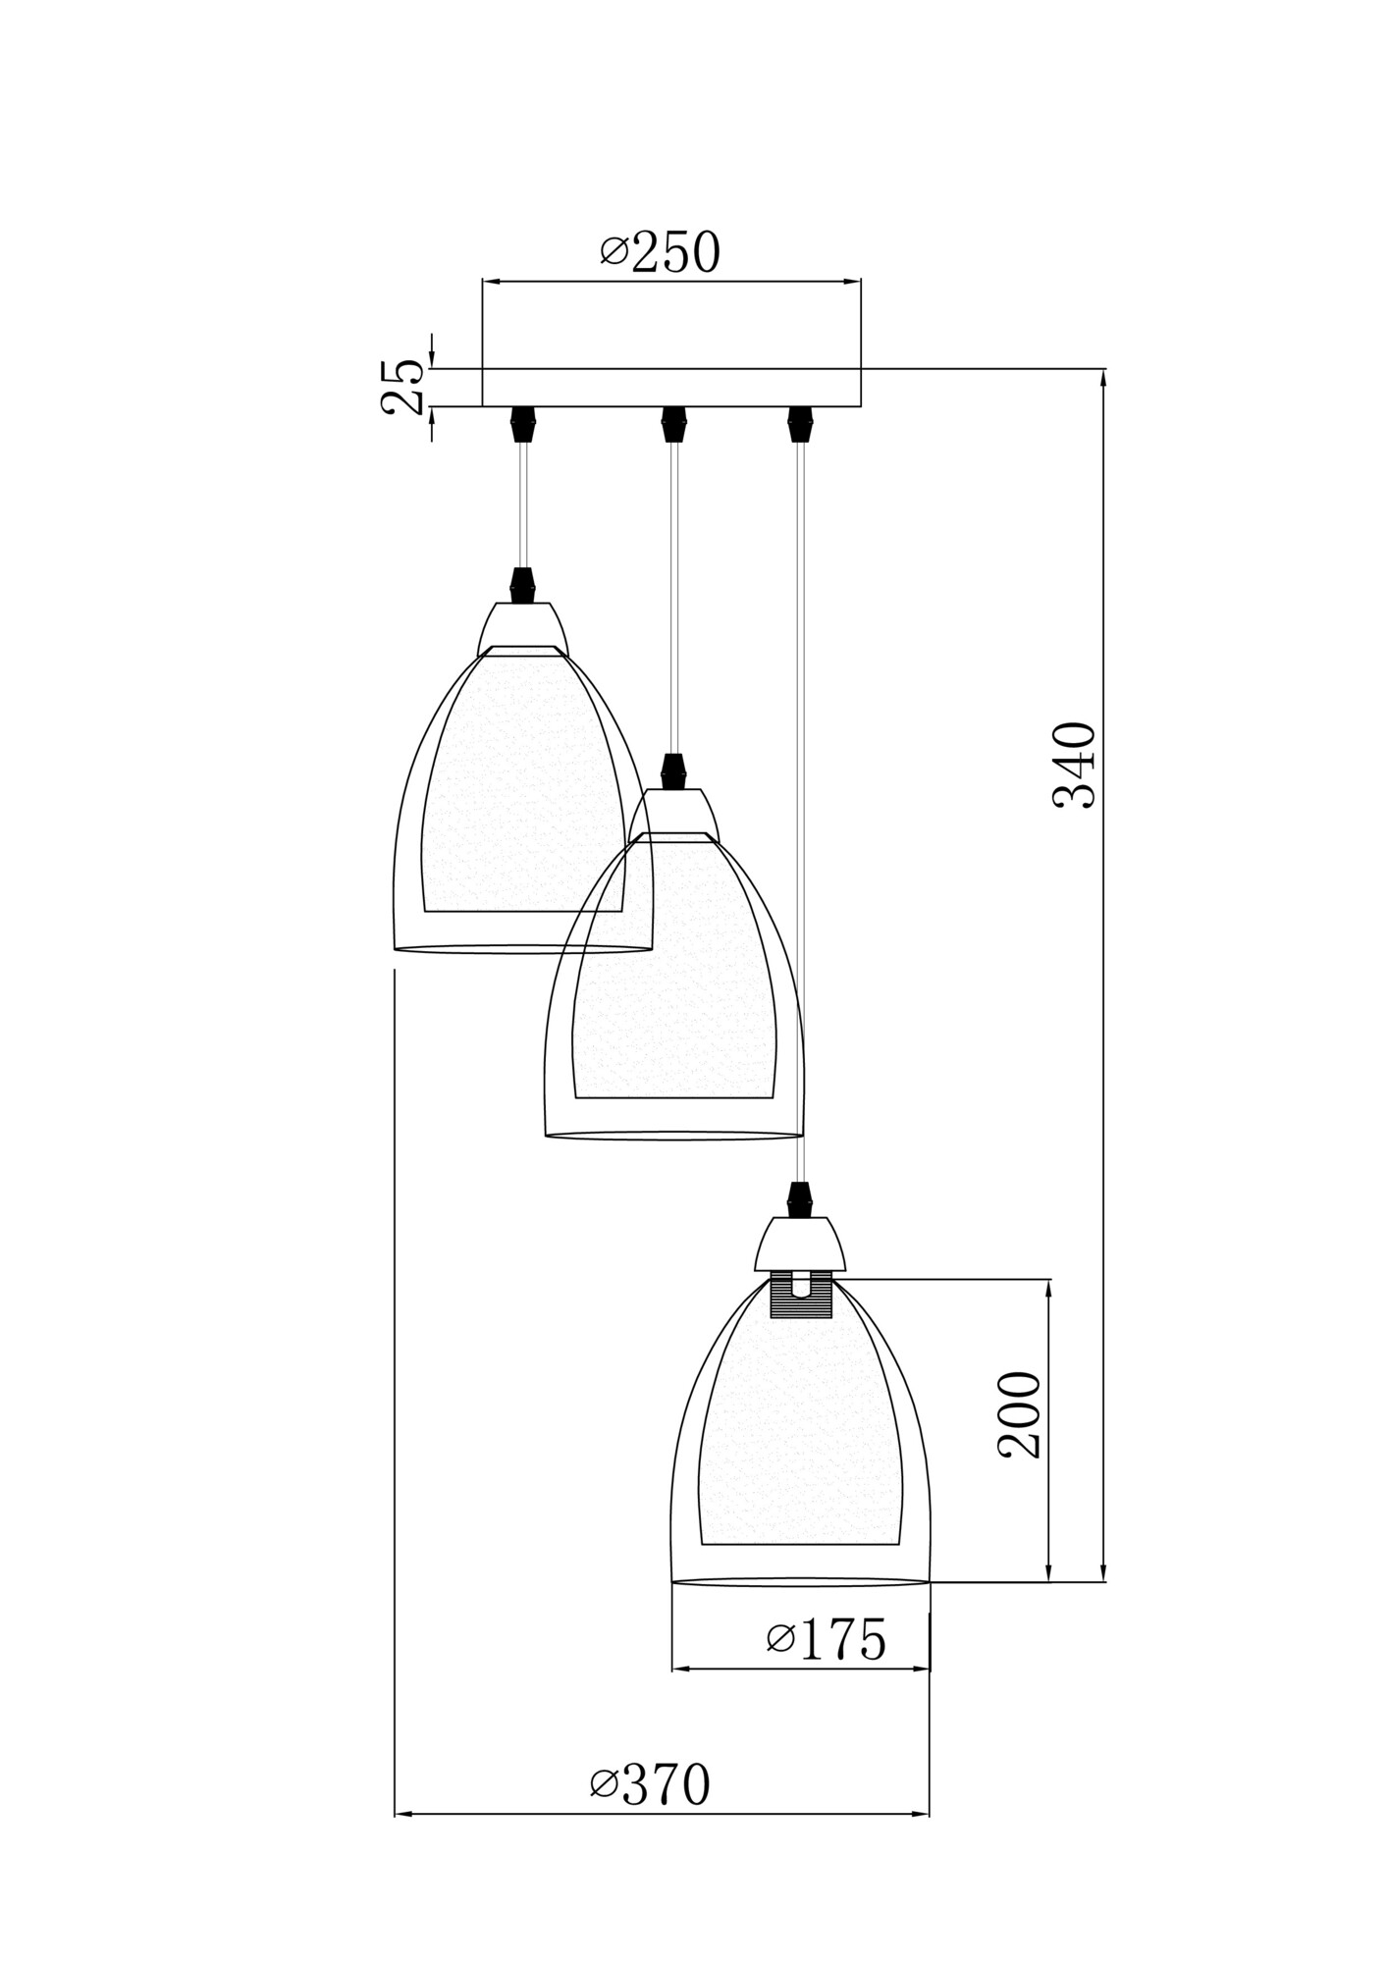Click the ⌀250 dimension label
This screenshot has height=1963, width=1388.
[x=660, y=253]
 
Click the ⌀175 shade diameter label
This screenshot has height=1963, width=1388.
[x=826, y=1638]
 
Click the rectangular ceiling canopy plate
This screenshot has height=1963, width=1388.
[x=671, y=387]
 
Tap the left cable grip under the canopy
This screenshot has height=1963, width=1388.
[x=521, y=423]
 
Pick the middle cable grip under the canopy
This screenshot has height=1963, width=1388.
[x=671, y=423]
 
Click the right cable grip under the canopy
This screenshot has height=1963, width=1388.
[x=801, y=423]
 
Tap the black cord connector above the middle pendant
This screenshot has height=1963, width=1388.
[x=672, y=770]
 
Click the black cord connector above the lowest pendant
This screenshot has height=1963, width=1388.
[x=801, y=1198]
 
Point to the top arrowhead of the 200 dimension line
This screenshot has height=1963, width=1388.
[x=1049, y=1289]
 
